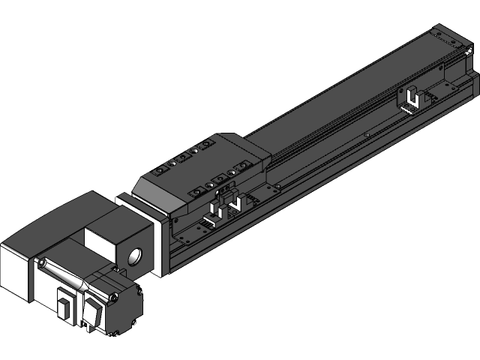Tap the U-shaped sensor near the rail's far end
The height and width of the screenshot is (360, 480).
click(x=412, y=98)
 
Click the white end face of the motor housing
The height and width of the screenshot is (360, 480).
click(x=14, y=270)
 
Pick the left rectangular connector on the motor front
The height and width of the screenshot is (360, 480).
click(x=64, y=307)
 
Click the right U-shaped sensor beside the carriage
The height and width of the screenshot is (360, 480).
click(x=235, y=203)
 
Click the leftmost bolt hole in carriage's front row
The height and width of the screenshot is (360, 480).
click(x=196, y=193)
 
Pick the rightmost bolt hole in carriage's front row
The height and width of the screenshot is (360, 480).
click(x=244, y=166)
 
